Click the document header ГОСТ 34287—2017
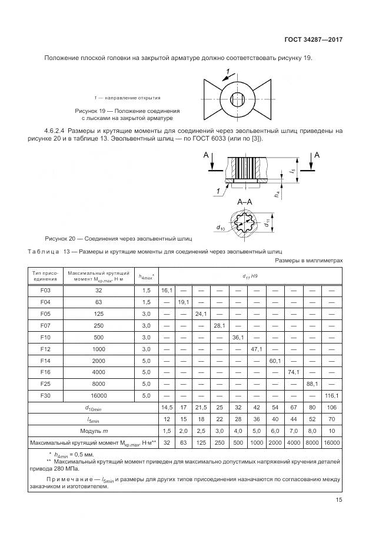click(314, 40)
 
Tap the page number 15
click(338, 501)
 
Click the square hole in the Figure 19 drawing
click(237, 97)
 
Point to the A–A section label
click(245, 202)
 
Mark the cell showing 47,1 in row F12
click(257, 349)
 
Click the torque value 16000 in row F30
click(98, 395)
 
